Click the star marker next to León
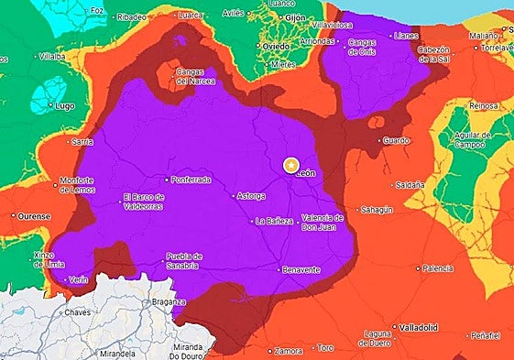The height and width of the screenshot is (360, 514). click(290, 165)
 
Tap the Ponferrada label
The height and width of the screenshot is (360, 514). click(191, 180)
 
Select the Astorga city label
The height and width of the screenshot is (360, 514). click(250, 195)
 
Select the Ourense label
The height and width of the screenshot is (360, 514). click(34, 216)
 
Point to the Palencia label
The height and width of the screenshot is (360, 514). click(439, 268)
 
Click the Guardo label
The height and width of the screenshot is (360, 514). click(397, 140)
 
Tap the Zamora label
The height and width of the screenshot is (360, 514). click(289, 349)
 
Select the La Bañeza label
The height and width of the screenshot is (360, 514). click(275, 221)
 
